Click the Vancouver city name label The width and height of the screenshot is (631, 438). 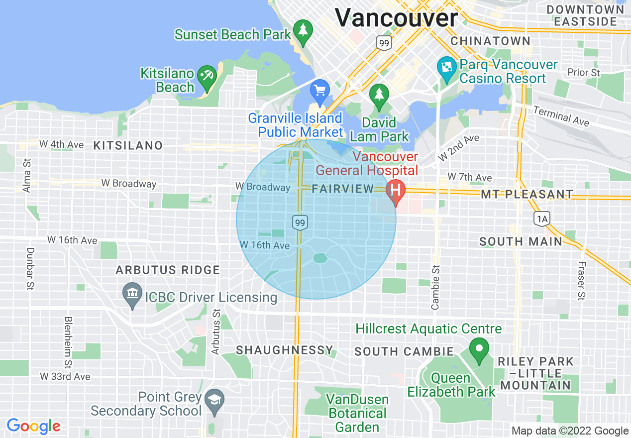(396, 18)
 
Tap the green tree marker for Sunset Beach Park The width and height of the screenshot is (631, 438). (303, 30)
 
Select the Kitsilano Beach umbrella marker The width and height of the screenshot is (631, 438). (206, 76)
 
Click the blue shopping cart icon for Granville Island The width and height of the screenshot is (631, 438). (319, 91)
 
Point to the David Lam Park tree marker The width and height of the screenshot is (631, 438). (379, 94)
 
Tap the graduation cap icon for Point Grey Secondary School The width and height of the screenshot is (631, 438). (214, 400)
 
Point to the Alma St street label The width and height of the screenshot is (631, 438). (27, 175)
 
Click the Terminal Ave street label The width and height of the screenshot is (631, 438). (561, 116)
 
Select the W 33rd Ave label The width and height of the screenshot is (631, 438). (65, 376)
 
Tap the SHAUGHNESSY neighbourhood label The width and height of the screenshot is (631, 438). (284, 350)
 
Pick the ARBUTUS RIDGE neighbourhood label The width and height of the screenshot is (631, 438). (168, 270)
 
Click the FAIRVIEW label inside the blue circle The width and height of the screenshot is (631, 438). (343, 189)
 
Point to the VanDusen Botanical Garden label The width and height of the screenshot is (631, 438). (357, 413)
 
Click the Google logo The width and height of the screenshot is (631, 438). (33, 426)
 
